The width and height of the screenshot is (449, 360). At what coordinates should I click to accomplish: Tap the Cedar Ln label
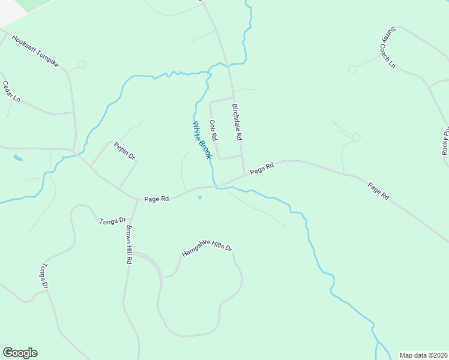click(x=11, y=91)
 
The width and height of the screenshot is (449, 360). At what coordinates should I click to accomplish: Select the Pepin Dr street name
click(x=125, y=151)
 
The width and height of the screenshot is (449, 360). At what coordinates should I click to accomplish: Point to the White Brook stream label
click(x=202, y=140)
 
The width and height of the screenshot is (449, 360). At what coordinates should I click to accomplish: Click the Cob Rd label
click(x=212, y=130)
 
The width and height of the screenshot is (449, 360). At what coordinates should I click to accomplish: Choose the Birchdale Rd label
click(x=237, y=121)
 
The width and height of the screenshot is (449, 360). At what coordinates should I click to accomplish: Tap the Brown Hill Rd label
click(x=128, y=245)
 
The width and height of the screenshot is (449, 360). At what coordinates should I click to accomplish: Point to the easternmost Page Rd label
click(x=378, y=191)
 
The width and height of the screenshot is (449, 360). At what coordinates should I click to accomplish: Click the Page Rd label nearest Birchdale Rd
click(x=262, y=169)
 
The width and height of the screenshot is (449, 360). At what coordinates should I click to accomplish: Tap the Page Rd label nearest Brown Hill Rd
click(x=156, y=199)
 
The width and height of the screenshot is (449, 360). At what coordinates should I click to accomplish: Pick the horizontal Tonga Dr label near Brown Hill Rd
click(x=112, y=221)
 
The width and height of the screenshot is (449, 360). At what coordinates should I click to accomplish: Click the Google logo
click(x=20, y=353)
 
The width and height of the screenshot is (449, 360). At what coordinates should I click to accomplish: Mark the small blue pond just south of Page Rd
click(x=200, y=197)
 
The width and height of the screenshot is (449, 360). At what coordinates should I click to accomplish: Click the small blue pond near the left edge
click(x=18, y=159)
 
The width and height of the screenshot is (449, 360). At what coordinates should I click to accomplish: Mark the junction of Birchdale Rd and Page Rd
click(x=244, y=175)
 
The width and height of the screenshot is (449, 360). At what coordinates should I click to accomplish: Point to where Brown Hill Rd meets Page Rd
click(x=137, y=200)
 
